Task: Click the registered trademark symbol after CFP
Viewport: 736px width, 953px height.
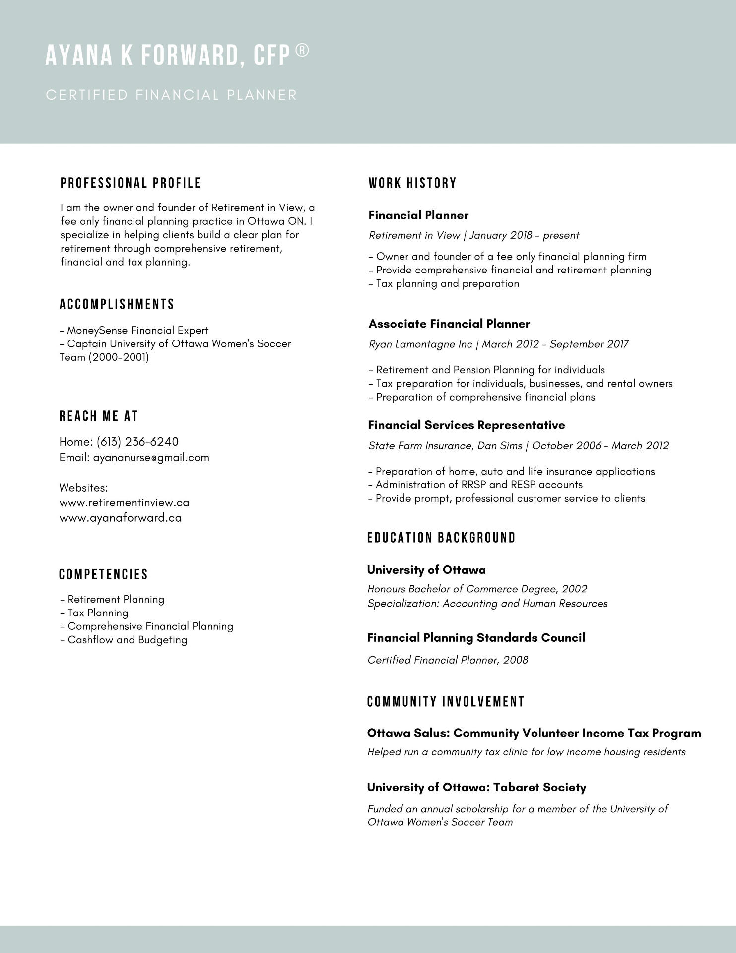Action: (302, 51)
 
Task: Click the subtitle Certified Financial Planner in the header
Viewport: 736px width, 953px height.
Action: (171, 95)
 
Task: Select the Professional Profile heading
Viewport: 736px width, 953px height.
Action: (131, 183)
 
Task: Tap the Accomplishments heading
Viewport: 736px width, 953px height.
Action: (117, 304)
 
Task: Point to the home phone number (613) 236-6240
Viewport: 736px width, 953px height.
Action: (137, 442)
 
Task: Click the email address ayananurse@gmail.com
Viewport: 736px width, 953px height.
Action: (151, 457)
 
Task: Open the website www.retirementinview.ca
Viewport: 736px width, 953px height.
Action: (124, 502)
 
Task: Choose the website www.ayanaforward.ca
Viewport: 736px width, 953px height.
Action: (121, 518)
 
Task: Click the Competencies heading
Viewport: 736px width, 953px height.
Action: (104, 574)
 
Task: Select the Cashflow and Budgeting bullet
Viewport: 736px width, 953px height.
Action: (127, 640)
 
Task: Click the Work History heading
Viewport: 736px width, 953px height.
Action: (412, 183)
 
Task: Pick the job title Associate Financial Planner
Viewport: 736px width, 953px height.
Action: (449, 324)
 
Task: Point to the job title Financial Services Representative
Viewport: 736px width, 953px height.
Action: (467, 425)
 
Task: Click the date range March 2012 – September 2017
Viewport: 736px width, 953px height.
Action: (555, 344)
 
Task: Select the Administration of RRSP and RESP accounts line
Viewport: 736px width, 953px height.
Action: (479, 484)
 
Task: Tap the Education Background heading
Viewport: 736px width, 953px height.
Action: (442, 538)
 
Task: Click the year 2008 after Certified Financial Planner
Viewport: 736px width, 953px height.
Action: (516, 660)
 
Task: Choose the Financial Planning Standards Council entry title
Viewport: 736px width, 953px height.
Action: (476, 638)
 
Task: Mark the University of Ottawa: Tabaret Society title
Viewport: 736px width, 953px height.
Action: (476, 787)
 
